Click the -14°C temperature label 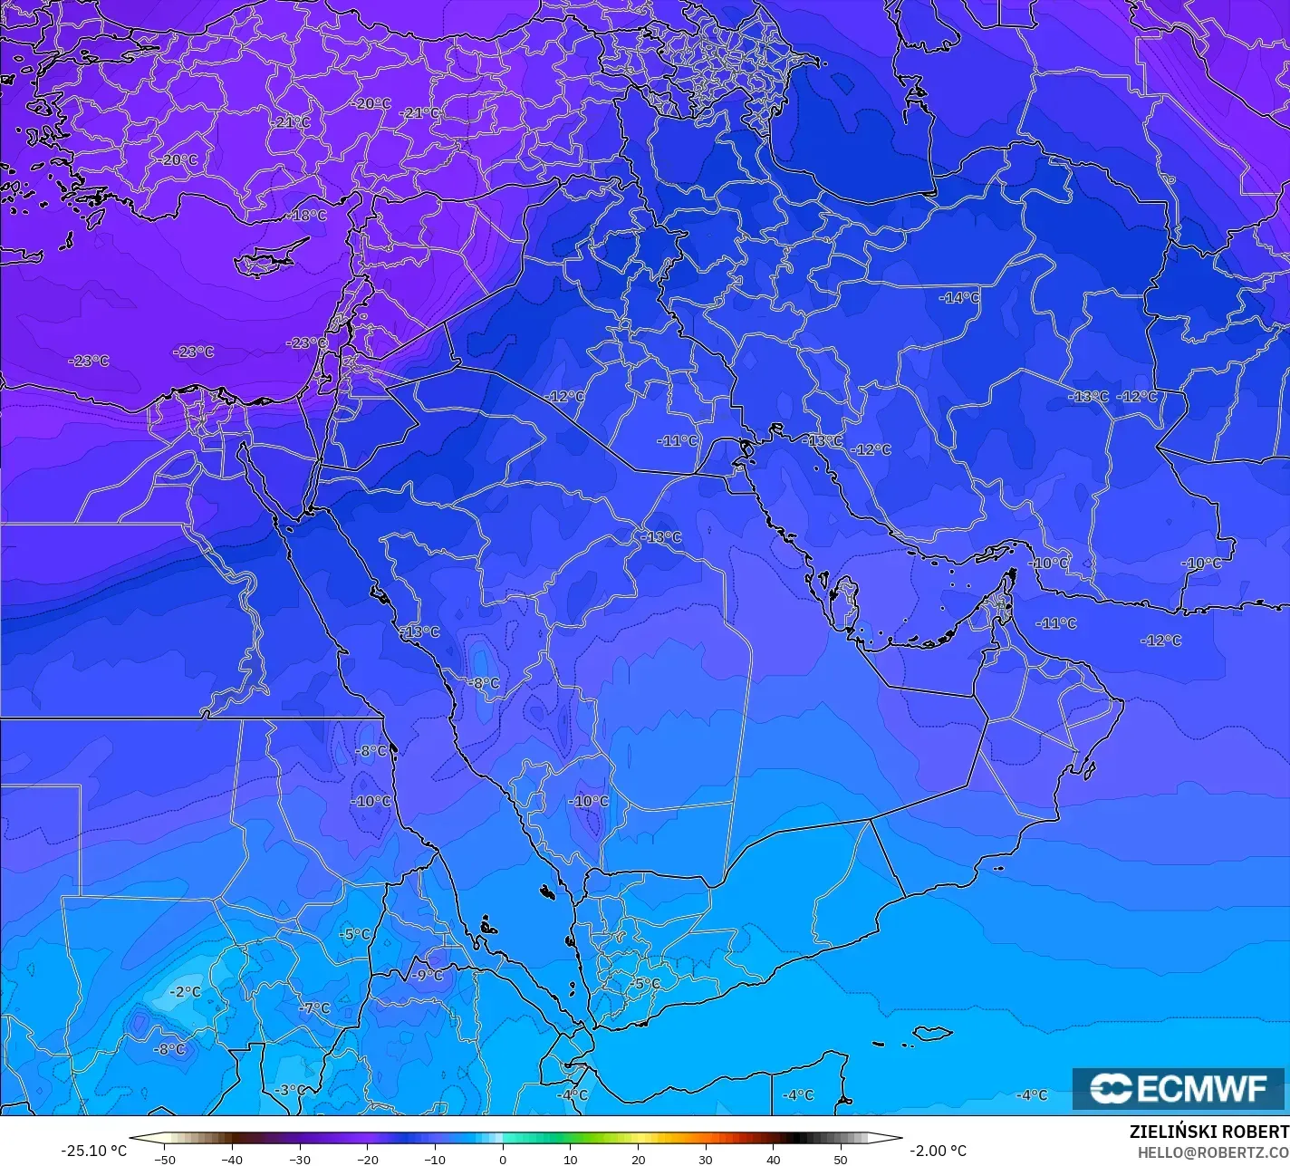[959, 297]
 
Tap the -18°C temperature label [308, 216]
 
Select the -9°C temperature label [427, 975]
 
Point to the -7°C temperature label [315, 1008]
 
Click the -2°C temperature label [186, 992]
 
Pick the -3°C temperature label [291, 1089]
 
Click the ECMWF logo [1178, 1088]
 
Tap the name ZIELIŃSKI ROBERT [1208, 1132]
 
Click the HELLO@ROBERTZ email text [1213, 1152]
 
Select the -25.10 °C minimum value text [94, 1151]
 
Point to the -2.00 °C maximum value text [938, 1151]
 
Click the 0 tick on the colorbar [503, 1159]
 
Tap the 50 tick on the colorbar [841, 1159]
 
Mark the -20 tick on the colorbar [367, 1159]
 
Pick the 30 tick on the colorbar [706, 1159]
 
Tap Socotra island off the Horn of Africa [931, 1033]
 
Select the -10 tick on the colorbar [435, 1159]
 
